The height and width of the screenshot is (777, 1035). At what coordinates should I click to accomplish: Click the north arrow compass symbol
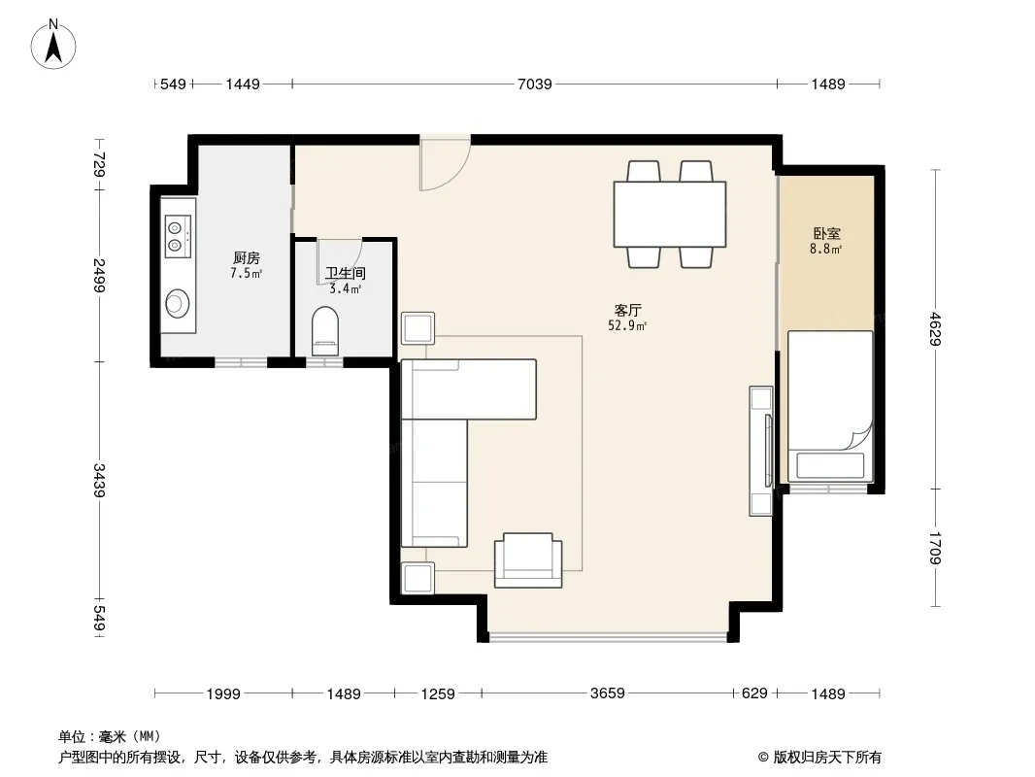(53, 45)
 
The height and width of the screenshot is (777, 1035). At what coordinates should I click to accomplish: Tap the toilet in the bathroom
(324, 331)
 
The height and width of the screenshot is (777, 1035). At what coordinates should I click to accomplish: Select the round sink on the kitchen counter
(177, 303)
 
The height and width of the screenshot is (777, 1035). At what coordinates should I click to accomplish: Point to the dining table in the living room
(669, 214)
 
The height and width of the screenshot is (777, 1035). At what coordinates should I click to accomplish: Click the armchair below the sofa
(528, 560)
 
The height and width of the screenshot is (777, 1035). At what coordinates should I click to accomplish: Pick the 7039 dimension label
(534, 84)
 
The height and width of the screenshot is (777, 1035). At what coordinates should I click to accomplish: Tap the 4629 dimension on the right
(935, 328)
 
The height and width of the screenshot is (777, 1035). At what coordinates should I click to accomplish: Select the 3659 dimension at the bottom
(607, 693)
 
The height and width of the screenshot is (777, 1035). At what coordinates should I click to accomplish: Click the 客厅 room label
(628, 310)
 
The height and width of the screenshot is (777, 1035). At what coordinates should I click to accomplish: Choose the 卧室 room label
(826, 234)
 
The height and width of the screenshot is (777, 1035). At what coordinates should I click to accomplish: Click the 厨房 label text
(247, 257)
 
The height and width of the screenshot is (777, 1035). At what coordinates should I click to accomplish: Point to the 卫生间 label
(346, 273)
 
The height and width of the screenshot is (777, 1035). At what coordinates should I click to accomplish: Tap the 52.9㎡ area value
(627, 325)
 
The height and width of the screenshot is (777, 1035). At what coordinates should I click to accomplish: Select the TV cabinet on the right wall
(761, 451)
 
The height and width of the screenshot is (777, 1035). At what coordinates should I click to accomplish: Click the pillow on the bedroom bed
(830, 466)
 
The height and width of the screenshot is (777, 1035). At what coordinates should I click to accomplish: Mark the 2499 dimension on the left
(99, 275)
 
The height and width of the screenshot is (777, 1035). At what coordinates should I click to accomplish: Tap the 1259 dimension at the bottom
(438, 693)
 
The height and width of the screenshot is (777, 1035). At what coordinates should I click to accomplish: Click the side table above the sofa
(417, 328)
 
